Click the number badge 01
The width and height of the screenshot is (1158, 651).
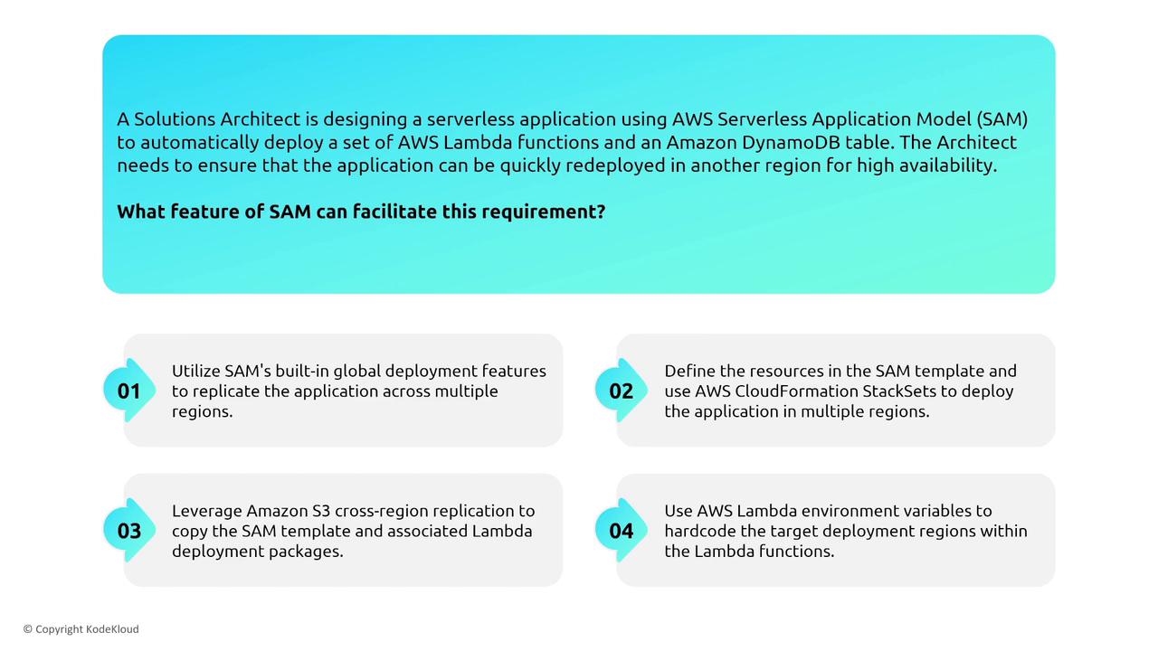pos(129,391)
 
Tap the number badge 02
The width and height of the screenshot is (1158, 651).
pos(621,391)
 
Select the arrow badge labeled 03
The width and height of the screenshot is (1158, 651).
pos(129,531)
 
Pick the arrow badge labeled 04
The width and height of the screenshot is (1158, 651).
pos(621,531)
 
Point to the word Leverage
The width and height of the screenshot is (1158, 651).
pos(207,512)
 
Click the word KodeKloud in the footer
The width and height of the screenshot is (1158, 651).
pos(112,629)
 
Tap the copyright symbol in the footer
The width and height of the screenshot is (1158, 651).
pos(28,629)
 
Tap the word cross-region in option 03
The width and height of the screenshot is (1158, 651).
pos(381,512)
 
